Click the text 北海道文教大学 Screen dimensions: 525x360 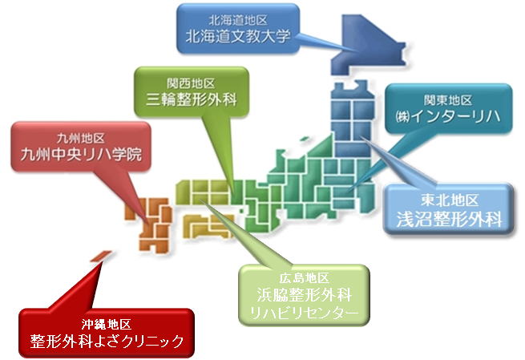pyautogui.click(x=238, y=36)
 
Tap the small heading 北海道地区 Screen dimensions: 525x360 pyautogui.click(x=238, y=20)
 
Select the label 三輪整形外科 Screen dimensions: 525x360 pyautogui.click(x=192, y=99)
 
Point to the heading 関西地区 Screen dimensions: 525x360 pyautogui.click(x=191, y=83)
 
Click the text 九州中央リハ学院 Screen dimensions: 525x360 pyautogui.click(x=81, y=155)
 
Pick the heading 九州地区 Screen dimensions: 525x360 pyautogui.click(x=81, y=138)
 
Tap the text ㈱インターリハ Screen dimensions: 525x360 pyautogui.click(x=448, y=116)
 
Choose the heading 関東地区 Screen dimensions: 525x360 pyautogui.click(x=448, y=100)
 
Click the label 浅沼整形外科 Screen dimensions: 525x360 pyautogui.click(x=449, y=220)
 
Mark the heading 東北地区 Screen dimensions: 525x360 pyautogui.click(x=450, y=200)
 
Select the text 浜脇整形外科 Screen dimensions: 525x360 pyautogui.click(x=304, y=295)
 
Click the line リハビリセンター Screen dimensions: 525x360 pyautogui.click(x=304, y=313)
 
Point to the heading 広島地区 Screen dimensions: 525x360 pyautogui.click(x=304, y=278)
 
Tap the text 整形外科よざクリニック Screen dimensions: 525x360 pyautogui.click(x=107, y=341)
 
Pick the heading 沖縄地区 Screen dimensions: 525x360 pyautogui.click(x=107, y=324)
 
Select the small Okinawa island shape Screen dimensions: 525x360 pyautogui.click(x=101, y=256)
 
